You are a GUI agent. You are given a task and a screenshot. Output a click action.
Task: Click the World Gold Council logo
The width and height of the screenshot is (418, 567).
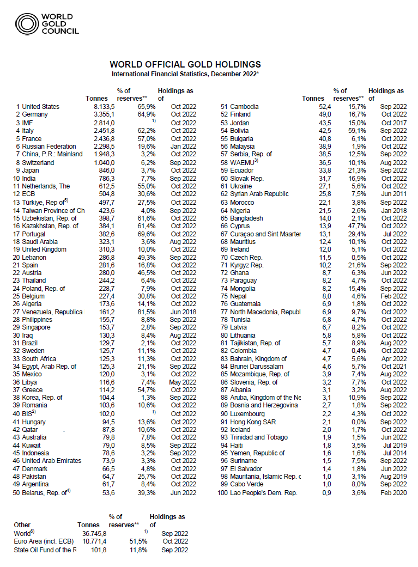[x=47, y=24]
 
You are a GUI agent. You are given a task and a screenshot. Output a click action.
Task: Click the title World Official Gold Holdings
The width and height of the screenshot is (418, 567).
[x=185, y=64]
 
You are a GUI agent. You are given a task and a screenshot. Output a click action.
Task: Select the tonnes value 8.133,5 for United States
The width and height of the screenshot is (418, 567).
[x=104, y=107]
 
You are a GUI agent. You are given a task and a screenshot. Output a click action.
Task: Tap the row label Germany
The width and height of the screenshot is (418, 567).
[x=35, y=114]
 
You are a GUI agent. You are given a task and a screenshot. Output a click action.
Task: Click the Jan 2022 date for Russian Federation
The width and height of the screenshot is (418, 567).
[x=184, y=147]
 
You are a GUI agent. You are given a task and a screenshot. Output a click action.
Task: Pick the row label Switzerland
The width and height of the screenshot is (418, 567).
[x=38, y=162]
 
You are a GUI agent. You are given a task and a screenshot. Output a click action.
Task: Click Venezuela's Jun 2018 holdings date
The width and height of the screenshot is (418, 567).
[x=184, y=312]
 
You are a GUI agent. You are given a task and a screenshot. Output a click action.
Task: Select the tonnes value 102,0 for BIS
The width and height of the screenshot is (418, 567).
[x=107, y=414]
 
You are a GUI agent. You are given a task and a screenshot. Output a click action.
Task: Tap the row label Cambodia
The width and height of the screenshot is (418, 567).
[x=245, y=107]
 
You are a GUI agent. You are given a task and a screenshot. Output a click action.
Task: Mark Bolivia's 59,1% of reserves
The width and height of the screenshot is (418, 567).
[x=357, y=131]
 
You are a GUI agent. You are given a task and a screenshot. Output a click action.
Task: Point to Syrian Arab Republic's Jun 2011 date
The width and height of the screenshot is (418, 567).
[x=394, y=194]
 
